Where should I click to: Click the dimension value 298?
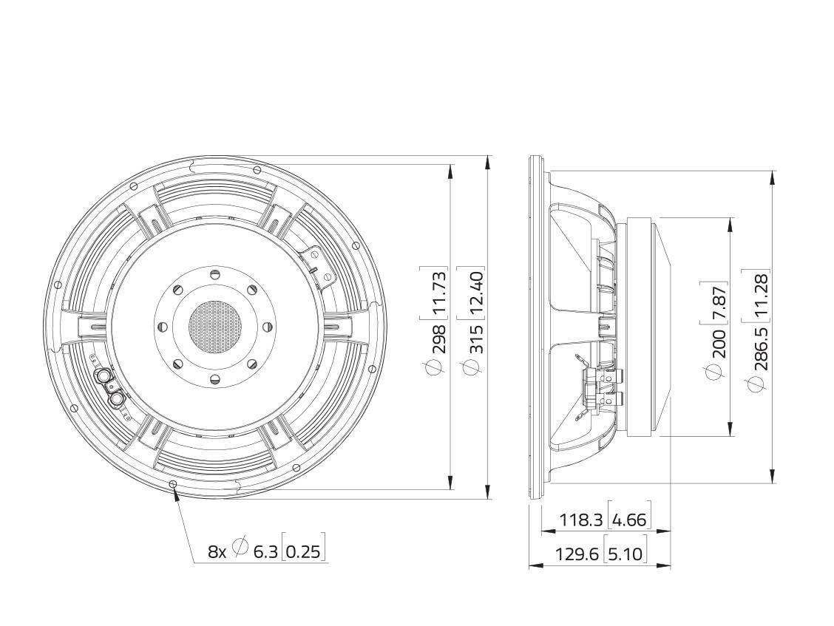(439, 337)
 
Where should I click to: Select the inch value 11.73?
(439, 291)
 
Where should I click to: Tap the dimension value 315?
(475, 337)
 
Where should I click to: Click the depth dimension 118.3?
(581, 519)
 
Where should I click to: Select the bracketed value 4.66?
(630, 519)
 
